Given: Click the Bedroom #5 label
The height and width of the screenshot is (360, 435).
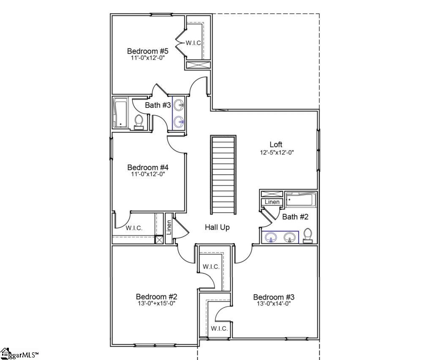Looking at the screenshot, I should (148, 51).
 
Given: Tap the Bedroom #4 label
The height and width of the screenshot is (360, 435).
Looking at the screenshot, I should (148, 167).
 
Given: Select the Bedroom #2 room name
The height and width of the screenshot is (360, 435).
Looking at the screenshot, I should (156, 297).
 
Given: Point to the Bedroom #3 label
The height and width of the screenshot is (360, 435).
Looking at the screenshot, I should (274, 297).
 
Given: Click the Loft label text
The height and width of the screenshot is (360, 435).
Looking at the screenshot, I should (276, 145).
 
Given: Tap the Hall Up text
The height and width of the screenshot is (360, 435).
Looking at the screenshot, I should (217, 227).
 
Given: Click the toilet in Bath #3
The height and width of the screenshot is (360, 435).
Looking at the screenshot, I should (139, 122).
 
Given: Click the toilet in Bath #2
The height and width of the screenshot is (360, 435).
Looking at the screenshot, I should (308, 235).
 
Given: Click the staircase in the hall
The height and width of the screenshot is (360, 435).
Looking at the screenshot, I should (223, 175).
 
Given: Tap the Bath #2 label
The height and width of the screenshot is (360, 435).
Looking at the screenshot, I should (295, 217).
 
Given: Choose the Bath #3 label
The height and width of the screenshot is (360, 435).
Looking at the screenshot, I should (158, 105).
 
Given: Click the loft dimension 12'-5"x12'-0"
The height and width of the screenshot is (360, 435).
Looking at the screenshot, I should (277, 152).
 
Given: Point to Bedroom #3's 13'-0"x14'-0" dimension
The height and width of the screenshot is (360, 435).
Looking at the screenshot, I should (274, 303).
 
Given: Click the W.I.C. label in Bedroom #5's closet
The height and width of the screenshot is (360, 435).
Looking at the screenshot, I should (193, 43).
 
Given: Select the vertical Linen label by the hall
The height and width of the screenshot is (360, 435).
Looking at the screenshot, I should (169, 227).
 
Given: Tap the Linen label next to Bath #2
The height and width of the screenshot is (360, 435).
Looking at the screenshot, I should (272, 202).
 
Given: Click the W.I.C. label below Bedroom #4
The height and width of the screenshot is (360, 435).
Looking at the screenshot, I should (134, 228).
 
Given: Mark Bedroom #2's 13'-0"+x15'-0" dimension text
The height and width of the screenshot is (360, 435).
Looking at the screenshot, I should (156, 303).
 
